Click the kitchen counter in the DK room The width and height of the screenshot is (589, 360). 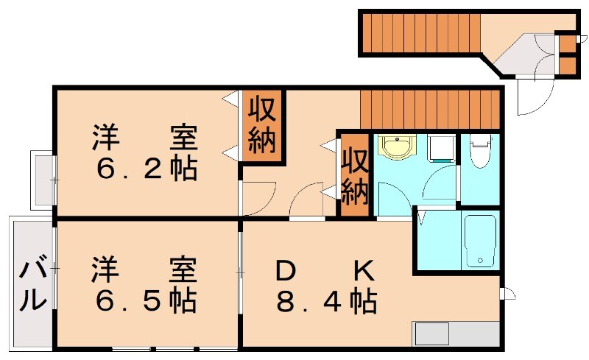456,333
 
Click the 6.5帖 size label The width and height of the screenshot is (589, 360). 146,300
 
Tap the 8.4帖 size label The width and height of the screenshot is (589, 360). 327,300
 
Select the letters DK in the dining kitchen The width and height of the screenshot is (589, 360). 324,271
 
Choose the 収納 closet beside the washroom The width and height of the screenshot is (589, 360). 354,174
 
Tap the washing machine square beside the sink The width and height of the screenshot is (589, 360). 442,148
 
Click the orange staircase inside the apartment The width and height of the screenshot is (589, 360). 430,106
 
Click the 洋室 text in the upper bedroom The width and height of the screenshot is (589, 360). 146,138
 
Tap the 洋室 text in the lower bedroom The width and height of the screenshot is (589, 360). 146,269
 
